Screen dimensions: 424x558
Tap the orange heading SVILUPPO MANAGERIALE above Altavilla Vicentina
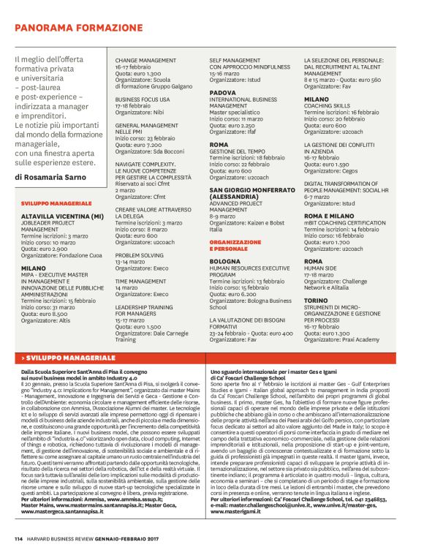56,202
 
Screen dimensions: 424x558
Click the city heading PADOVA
222,93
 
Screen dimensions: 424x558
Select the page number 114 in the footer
18,539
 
